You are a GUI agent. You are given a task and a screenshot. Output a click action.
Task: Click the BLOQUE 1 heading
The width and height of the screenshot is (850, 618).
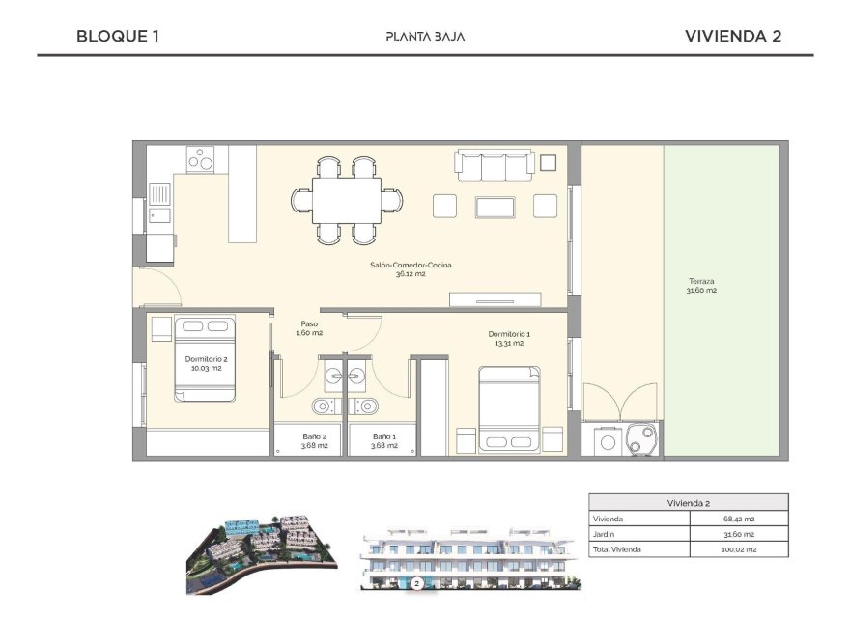(x=117, y=37)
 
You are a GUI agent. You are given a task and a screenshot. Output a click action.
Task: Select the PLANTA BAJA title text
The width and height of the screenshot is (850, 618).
(x=425, y=37)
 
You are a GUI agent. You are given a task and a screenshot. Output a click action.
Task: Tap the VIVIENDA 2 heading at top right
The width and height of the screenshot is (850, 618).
(x=732, y=37)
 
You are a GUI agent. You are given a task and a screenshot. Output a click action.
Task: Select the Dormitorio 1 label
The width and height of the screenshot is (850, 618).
(x=508, y=338)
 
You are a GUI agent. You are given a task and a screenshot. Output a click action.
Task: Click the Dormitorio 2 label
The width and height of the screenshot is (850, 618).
(x=204, y=363)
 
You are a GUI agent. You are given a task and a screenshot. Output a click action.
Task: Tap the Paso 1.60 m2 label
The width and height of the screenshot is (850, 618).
(x=309, y=328)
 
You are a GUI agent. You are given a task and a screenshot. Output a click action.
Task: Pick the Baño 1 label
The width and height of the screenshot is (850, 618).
(x=384, y=440)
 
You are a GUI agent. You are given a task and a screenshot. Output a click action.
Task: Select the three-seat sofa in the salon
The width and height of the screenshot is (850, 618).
(x=495, y=165)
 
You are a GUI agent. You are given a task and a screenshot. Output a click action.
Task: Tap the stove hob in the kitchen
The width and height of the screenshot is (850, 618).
(x=201, y=158)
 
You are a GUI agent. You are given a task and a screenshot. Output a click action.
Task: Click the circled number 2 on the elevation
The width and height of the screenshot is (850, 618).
(x=416, y=583)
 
